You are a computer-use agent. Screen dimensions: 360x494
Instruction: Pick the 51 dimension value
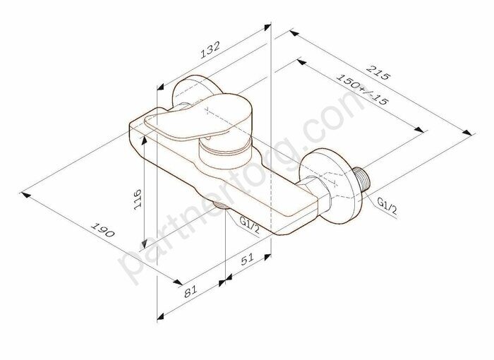(x=248, y=260)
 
